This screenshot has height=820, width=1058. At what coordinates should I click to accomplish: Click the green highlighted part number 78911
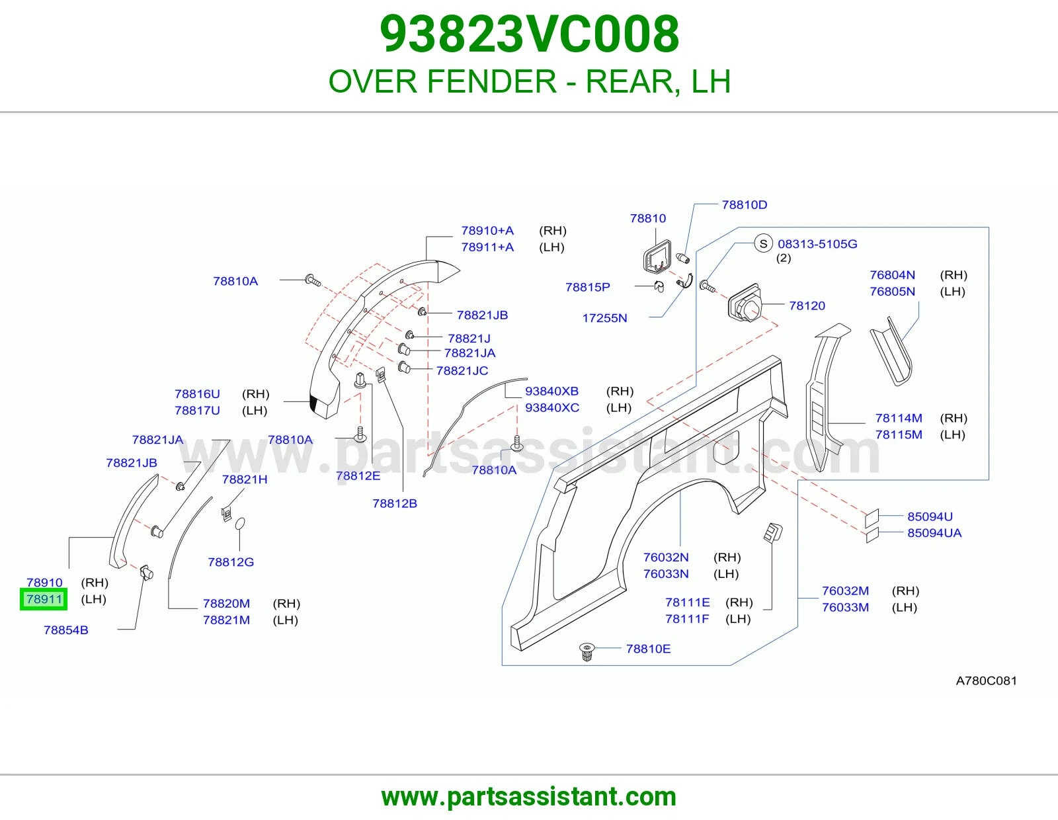click(x=44, y=599)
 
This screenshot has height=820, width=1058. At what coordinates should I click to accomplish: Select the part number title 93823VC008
click(x=529, y=34)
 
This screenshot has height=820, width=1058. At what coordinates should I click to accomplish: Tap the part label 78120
click(x=807, y=306)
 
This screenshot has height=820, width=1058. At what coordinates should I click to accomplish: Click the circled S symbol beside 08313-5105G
click(x=763, y=243)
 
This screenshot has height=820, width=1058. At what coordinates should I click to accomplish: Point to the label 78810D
click(x=745, y=204)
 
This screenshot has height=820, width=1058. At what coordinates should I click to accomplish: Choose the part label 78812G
click(x=231, y=562)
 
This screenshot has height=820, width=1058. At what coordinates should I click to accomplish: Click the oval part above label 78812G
click(x=239, y=524)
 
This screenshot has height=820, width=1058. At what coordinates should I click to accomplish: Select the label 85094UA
click(x=934, y=533)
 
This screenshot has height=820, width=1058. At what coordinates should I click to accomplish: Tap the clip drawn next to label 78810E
click(x=587, y=651)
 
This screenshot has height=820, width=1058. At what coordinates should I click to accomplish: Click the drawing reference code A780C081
click(x=986, y=680)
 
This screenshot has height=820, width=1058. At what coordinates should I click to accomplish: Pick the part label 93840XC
click(x=552, y=407)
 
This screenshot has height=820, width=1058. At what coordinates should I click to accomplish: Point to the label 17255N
click(x=604, y=318)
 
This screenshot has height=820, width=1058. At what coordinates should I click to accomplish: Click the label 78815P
click(x=588, y=287)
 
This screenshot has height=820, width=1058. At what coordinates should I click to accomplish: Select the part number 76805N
click(x=893, y=291)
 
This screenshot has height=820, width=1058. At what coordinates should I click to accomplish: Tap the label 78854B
click(x=66, y=630)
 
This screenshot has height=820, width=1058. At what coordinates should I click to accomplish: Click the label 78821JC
click(x=462, y=370)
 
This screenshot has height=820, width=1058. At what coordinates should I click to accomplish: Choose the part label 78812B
click(x=395, y=503)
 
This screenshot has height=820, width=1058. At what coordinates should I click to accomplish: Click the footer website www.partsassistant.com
click(x=529, y=797)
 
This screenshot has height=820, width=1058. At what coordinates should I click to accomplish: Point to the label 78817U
click(x=197, y=411)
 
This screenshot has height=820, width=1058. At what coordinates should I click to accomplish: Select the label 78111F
click(x=687, y=619)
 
